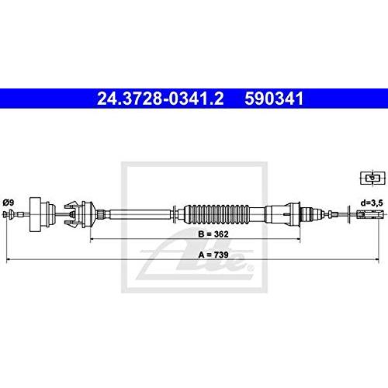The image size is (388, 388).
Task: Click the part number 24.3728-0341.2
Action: pos(161,99)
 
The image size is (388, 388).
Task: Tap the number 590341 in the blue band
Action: pos(274,99)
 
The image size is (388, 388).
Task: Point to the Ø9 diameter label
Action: pos(9,203)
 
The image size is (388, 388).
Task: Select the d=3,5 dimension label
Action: pos(372,203)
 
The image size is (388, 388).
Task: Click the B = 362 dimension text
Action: pos(213,234)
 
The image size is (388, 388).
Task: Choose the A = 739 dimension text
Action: pos(213,255)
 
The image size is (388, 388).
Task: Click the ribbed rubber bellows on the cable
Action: pos(217,214)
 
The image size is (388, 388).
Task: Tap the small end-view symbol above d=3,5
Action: pos(372,178)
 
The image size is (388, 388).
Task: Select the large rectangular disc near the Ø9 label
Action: pos(36,214)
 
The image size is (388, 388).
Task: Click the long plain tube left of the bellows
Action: pos(140,214)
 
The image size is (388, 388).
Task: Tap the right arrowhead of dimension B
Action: pos(299,240)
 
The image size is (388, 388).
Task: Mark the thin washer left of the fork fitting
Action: pos(349,214)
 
